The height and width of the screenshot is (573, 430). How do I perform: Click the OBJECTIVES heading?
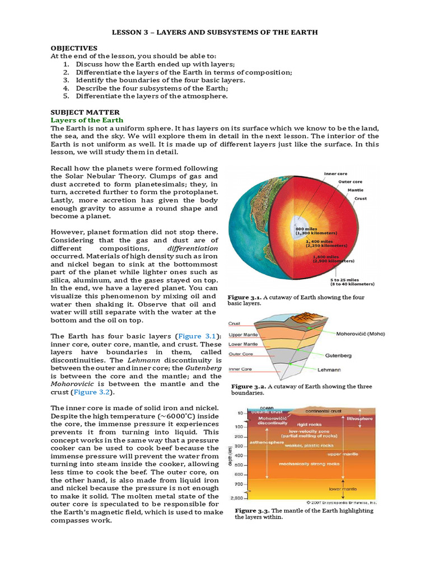tap(74, 48)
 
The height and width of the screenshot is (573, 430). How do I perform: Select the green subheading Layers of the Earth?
tap(87, 120)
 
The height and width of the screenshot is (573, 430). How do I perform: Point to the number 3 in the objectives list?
tap(65, 80)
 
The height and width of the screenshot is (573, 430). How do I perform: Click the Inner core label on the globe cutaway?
tap(335, 173)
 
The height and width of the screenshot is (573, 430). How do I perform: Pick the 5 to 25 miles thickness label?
tap(343, 280)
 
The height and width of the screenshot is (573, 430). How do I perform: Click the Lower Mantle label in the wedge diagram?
tap(244, 344)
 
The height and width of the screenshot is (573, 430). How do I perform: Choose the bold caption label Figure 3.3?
tap(252, 510)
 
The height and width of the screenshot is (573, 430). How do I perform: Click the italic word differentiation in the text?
tap(193, 248)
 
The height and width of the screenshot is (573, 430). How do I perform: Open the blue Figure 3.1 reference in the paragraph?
tap(198, 336)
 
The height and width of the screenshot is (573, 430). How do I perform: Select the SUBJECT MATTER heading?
tap(85, 112)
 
